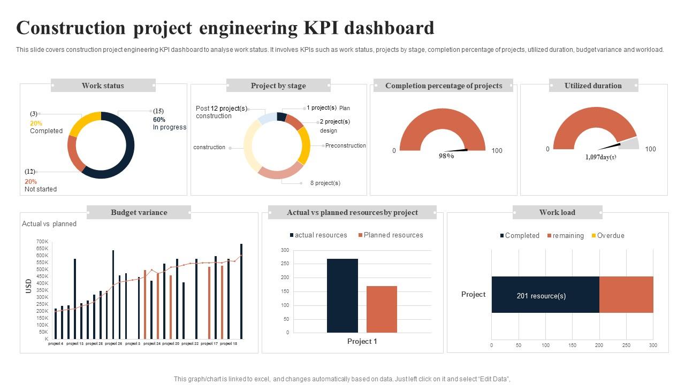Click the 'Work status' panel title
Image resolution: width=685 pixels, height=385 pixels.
(103, 86)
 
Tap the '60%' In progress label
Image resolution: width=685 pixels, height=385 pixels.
(159, 120)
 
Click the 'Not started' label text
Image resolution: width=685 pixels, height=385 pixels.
(41, 189)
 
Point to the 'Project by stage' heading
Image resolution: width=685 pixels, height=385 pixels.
(278, 86)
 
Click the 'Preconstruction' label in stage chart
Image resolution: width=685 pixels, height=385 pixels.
(346, 145)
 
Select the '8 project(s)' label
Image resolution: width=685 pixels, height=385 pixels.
(325, 183)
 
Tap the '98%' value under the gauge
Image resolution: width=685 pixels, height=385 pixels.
(446, 156)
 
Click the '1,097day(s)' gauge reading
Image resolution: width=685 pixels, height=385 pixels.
(600, 157)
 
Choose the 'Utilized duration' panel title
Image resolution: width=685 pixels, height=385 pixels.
(593, 86)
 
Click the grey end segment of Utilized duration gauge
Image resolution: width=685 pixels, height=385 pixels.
(631, 143)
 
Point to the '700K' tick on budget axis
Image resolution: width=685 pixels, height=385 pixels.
(42, 242)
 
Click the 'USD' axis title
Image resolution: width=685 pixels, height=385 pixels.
(29, 286)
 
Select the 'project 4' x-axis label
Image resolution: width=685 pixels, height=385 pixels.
(56, 344)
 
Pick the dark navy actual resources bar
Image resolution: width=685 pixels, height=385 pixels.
(342, 296)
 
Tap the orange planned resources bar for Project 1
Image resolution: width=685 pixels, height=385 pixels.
(382, 309)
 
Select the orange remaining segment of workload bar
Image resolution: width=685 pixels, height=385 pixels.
(626, 295)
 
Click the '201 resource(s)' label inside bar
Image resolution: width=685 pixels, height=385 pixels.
(541, 296)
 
